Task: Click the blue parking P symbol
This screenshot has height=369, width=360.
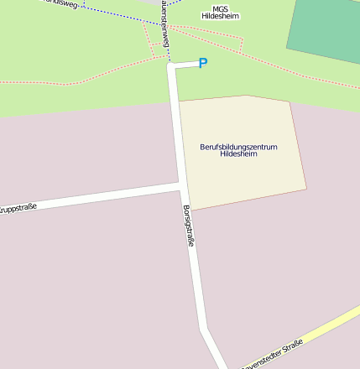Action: tap(202, 63)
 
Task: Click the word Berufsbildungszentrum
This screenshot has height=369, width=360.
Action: tap(238, 147)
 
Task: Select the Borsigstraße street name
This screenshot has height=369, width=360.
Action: tap(190, 226)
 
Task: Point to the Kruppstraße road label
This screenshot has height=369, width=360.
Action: tap(18, 208)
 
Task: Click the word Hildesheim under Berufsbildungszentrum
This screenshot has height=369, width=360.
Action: tap(238, 154)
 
